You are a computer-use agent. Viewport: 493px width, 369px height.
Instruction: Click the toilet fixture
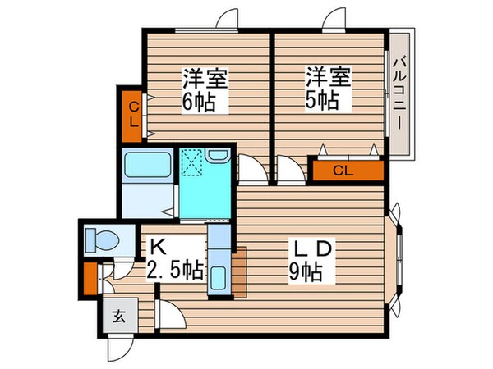(x=102, y=240)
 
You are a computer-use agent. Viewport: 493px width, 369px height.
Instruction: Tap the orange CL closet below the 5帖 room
(x=347, y=171)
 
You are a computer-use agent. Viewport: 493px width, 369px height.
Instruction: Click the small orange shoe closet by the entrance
(x=90, y=278)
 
